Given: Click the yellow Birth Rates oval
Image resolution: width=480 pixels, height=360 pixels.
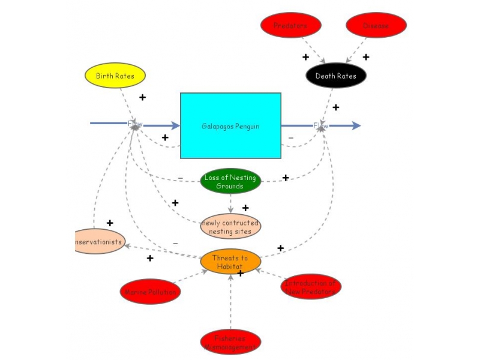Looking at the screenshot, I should [115, 76].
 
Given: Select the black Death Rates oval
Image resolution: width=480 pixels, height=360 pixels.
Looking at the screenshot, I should [336, 76].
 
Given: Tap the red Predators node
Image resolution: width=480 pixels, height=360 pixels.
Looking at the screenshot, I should [291, 25].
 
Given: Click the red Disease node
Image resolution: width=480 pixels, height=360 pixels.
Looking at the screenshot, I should [376, 25].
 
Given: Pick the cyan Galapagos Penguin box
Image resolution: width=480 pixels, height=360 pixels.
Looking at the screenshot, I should [230, 126].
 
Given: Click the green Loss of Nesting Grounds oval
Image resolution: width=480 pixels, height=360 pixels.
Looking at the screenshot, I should [230, 181].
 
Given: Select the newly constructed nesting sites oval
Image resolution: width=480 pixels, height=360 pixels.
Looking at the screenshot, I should [230, 226].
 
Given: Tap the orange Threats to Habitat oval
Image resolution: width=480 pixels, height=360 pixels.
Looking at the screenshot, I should [230, 262].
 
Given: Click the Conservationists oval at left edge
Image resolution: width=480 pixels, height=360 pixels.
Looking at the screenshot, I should [99, 242].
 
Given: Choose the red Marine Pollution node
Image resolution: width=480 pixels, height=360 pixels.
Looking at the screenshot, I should [150, 292].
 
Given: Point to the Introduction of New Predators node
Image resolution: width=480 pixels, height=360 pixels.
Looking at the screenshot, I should [311, 286].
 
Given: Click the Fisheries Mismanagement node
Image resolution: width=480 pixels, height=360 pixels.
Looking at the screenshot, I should [230, 342].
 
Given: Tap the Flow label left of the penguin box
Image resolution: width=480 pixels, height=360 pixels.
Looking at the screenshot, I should [135, 124].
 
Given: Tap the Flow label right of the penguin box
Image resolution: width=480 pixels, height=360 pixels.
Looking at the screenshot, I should [321, 125].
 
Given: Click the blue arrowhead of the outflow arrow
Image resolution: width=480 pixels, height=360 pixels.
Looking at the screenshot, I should [356, 125].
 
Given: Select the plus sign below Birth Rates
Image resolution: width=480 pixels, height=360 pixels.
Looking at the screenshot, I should [143, 97].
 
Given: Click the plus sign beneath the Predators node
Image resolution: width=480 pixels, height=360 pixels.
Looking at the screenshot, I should [305, 58].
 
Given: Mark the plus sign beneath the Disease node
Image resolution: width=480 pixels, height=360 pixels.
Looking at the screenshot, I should [366, 58].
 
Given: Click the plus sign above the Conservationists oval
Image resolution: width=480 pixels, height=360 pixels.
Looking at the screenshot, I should [110, 223].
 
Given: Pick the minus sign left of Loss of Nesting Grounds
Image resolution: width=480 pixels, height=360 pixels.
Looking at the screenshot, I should [181, 178].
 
